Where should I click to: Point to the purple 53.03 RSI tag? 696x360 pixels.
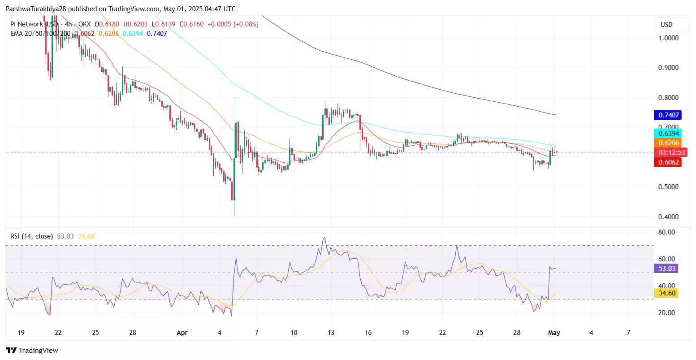click(x=666, y=269)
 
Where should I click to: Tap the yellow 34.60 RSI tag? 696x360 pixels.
click(x=666, y=293)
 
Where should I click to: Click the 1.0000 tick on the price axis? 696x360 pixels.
click(x=668, y=38)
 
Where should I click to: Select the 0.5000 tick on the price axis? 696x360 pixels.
click(x=668, y=187)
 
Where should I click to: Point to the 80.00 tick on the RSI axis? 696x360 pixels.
click(x=666, y=232)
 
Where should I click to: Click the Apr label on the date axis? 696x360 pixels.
click(x=182, y=333)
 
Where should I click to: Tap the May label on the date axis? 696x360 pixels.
click(x=554, y=333)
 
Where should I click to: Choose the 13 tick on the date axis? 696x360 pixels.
click(x=331, y=333)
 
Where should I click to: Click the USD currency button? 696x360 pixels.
click(x=666, y=25)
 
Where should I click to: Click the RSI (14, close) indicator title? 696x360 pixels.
click(x=32, y=236)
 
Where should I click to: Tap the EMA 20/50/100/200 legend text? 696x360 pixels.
click(x=40, y=34)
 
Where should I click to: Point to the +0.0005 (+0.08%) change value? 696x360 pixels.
click(x=233, y=24)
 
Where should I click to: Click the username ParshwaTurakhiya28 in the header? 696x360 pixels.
click(x=36, y=9)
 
